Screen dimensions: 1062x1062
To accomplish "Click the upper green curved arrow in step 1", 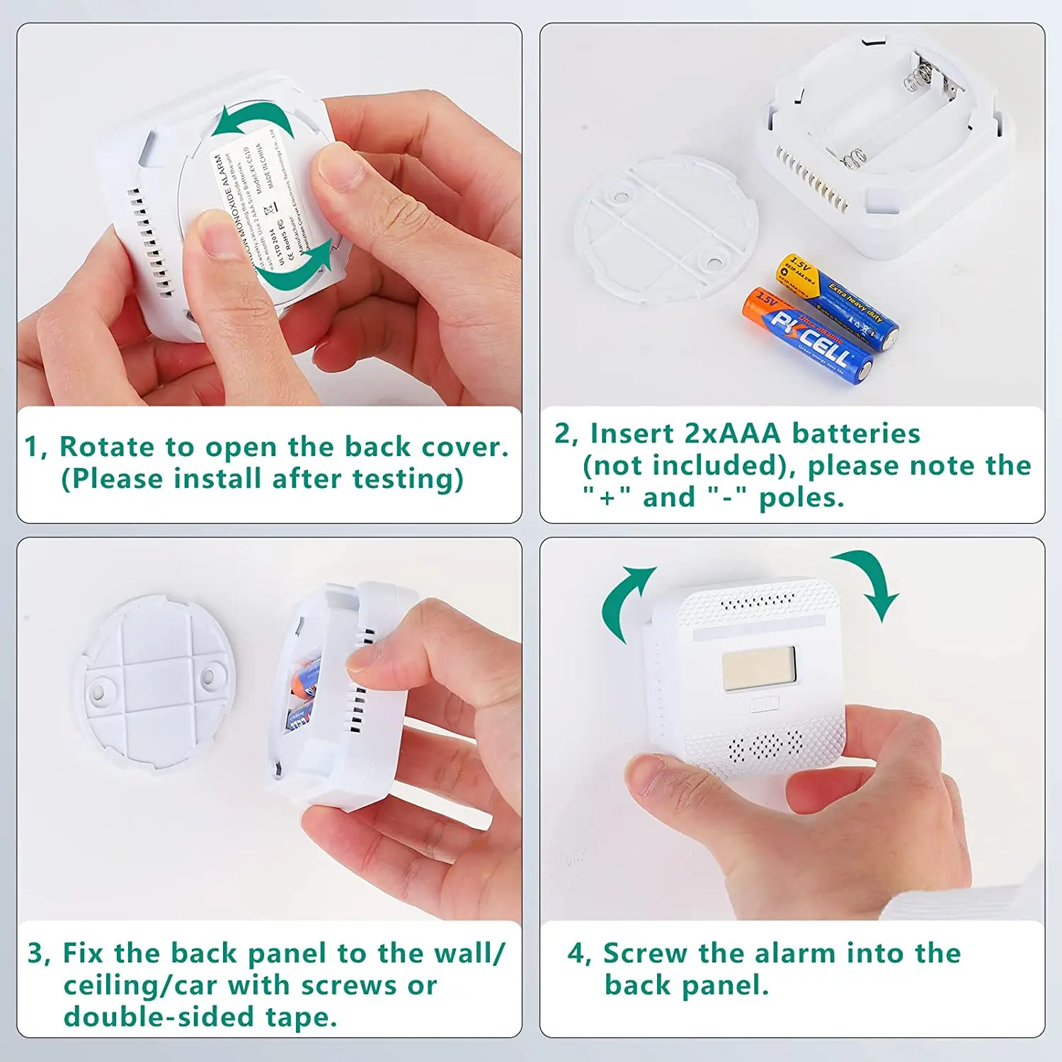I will (x=255, y=119).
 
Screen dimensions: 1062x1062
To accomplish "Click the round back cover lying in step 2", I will (x=666, y=228).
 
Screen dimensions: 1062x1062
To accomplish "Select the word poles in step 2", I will (x=801, y=498).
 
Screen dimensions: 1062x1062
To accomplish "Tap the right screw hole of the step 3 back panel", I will (x=209, y=677).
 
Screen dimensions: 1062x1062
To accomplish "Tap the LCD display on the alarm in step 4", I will (x=758, y=668).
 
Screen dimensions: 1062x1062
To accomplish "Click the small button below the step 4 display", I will (x=764, y=704).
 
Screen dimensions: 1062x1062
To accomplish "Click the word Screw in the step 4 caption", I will (x=644, y=954).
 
